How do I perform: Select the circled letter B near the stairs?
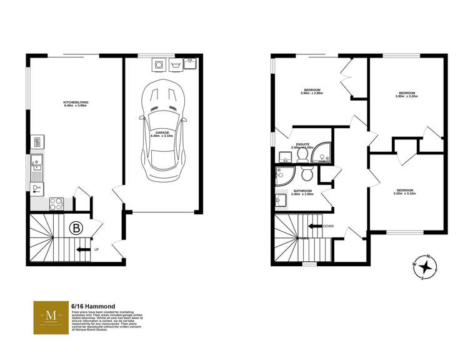76,228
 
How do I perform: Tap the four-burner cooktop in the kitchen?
55,202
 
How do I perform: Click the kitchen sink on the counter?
37,166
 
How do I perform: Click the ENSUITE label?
304,146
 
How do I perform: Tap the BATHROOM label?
303,192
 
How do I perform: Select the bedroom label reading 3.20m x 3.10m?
404,191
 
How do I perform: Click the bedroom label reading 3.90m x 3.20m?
407,95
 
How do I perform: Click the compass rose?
426,267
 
